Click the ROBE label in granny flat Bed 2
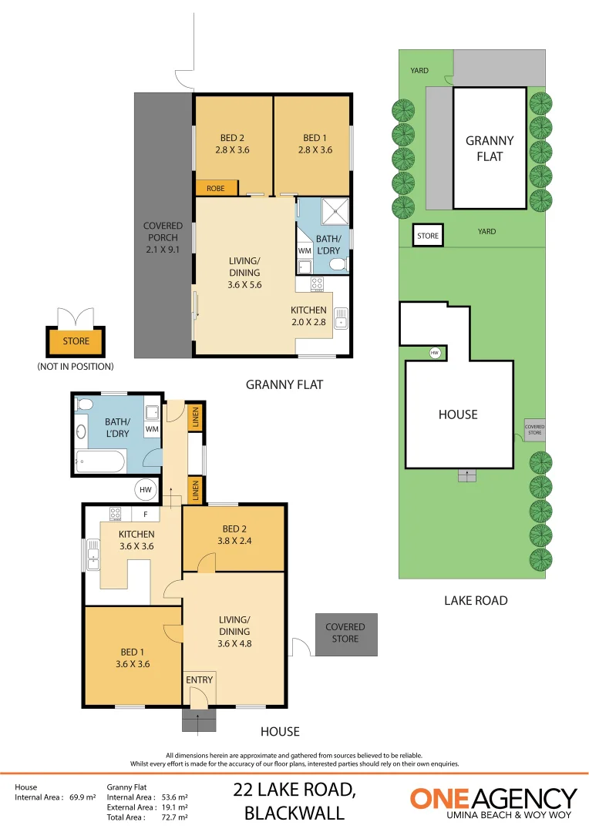point(216,188)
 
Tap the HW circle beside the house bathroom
point(146,489)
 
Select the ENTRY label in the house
point(198,680)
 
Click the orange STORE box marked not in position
point(76,341)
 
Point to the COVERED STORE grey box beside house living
point(345,633)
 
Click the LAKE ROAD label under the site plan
point(476,600)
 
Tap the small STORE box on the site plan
point(428,236)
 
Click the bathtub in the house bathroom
point(99,463)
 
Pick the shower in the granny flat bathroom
point(335,210)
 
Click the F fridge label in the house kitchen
point(145,514)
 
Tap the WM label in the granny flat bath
point(304,250)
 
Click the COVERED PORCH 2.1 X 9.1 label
point(163,237)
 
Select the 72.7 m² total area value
point(173,817)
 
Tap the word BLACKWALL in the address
point(294,813)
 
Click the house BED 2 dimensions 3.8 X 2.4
point(234,540)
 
